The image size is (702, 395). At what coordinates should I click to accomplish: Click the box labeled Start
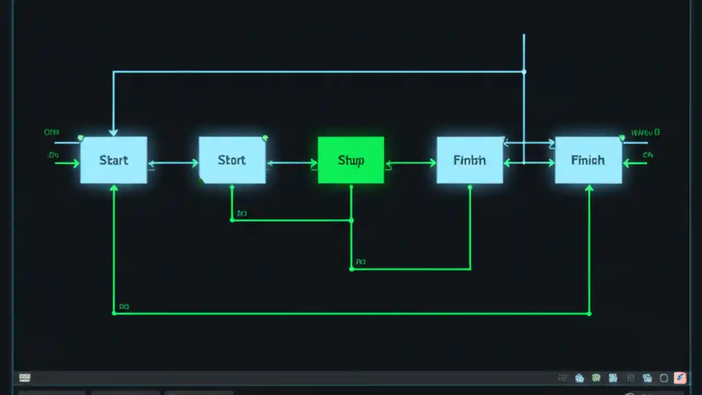tap(114, 160)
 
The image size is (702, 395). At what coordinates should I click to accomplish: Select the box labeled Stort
tap(232, 160)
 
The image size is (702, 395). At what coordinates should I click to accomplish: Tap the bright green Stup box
tap(351, 160)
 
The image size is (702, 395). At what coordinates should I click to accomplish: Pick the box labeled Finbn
tap(469, 160)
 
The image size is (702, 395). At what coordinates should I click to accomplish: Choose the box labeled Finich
tap(588, 160)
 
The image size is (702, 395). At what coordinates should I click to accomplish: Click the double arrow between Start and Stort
tap(173, 163)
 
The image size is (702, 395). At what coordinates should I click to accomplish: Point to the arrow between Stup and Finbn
tap(410, 163)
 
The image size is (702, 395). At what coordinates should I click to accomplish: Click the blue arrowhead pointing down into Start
tap(114, 132)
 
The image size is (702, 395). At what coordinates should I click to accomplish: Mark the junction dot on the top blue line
tap(524, 72)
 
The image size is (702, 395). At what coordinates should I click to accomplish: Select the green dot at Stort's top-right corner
tap(265, 138)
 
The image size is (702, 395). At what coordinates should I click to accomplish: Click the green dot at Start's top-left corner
tap(81, 138)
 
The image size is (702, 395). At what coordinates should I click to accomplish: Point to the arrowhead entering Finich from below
tap(589, 188)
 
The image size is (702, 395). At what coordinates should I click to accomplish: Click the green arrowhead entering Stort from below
tap(232, 188)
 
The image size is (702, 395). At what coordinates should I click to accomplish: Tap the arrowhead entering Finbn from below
tap(470, 188)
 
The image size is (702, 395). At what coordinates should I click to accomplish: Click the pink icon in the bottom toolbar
tap(680, 377)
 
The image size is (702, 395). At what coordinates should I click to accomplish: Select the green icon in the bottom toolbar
tap(596, 377)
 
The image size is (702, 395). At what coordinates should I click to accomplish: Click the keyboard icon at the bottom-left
tap(25, 377)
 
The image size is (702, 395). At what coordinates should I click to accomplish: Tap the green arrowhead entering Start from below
tap(114, 188)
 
